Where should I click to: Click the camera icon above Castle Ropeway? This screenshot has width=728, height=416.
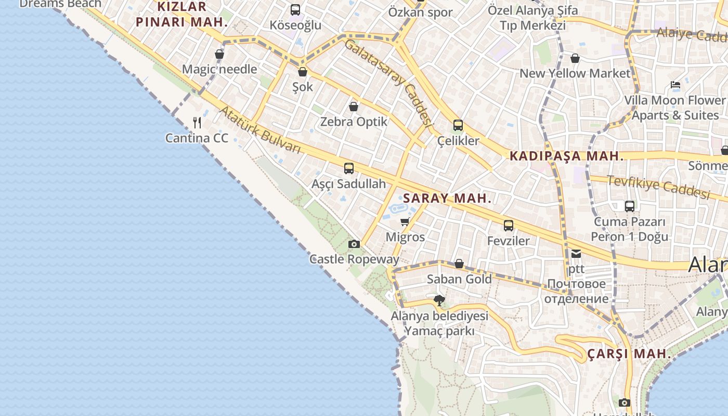coord(354,244)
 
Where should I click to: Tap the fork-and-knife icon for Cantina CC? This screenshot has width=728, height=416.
coord(197,123)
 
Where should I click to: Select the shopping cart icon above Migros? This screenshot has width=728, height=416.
coord(405,222)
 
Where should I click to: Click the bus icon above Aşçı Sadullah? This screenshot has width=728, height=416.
coord(348,168)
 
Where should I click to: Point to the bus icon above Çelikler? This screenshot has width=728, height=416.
coord(458,125)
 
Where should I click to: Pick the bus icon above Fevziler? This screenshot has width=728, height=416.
coord(508,226)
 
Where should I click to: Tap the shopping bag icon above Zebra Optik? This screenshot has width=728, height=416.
coord(354,107)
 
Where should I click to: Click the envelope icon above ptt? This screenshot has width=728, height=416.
coord(576,254)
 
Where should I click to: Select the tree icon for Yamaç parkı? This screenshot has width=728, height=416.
coord(439,300)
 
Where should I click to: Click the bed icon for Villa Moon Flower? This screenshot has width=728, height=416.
coord(675,84)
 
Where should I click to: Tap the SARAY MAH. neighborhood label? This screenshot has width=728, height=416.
coord(447,198)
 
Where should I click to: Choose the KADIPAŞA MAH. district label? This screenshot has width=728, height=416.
coord(566,156)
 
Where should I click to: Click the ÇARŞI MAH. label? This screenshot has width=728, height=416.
coord(629,354)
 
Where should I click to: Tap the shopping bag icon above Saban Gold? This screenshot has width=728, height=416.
coord(459,264)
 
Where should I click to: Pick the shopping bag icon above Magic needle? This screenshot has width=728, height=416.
coord(219,54)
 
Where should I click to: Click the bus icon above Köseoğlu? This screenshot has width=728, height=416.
coord(295,9)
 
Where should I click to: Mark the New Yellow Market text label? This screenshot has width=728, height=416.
coord(575,73)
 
